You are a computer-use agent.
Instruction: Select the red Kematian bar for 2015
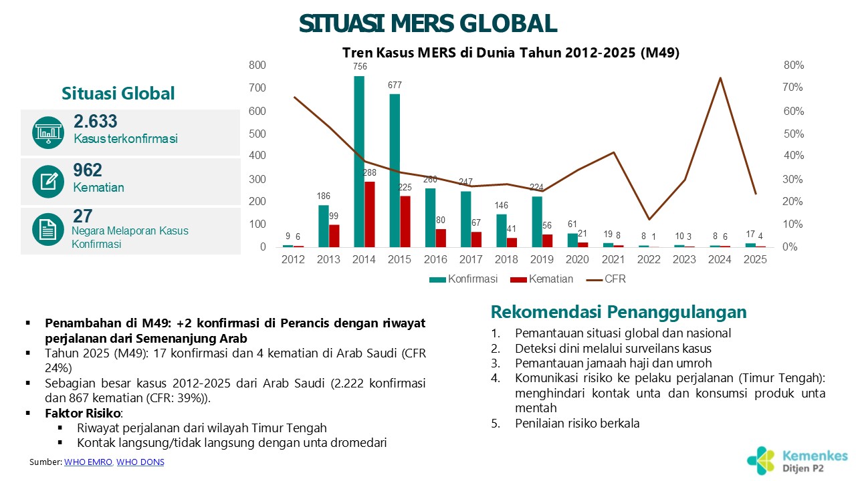coord(405,221)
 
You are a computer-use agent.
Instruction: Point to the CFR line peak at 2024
coord(720,78)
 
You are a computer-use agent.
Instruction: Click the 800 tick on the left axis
coord(257,65)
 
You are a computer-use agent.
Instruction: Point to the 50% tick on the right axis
coord(792,134)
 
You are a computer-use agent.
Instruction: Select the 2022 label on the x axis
coord(648,259)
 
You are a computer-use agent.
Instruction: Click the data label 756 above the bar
coord(359,66)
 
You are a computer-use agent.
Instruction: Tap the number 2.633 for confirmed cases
coord(95,121)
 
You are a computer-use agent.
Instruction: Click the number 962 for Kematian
coord(88,170)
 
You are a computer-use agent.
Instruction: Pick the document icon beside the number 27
coord(48,230)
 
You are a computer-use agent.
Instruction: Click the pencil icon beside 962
coord(48,180)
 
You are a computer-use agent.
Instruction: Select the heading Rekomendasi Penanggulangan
coord(619,312)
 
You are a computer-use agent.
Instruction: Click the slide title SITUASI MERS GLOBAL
coord(428,24)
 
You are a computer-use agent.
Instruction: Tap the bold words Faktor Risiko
coord(82,414)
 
